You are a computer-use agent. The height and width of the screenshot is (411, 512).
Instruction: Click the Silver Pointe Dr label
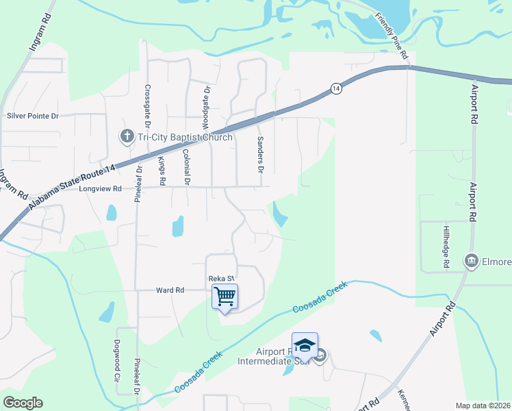point(33,116)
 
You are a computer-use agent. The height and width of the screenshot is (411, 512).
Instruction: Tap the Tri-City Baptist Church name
point(185,137)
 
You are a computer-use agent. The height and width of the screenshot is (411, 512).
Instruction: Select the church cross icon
point(127,137)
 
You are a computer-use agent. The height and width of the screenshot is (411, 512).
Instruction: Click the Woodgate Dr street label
point(205,108)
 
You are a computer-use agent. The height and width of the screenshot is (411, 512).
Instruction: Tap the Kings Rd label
point(162,171)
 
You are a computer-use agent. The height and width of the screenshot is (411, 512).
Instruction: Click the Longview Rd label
point(100,188)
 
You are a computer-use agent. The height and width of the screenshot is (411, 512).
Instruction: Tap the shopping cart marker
point(225,297)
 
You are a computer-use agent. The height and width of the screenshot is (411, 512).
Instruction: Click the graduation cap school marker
point(305,345)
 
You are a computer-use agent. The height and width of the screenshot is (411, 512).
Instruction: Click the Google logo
point(23,403)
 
